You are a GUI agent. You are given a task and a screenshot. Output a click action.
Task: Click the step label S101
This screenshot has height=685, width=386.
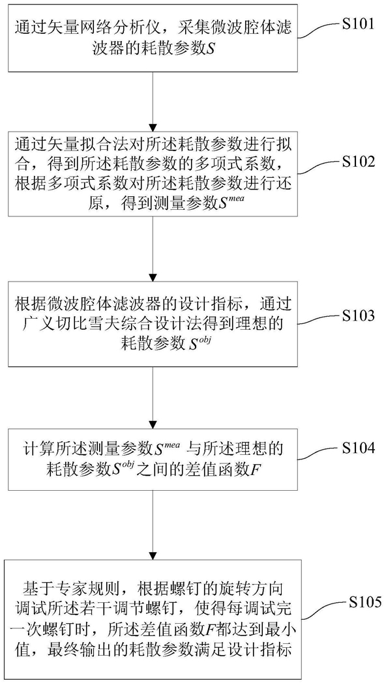359,23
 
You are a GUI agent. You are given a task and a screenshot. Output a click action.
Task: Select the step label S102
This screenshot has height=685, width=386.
359,162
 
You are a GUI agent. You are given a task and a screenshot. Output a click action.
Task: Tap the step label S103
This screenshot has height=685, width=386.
359,315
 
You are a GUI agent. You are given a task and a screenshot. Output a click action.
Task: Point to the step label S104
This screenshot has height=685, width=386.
359,448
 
